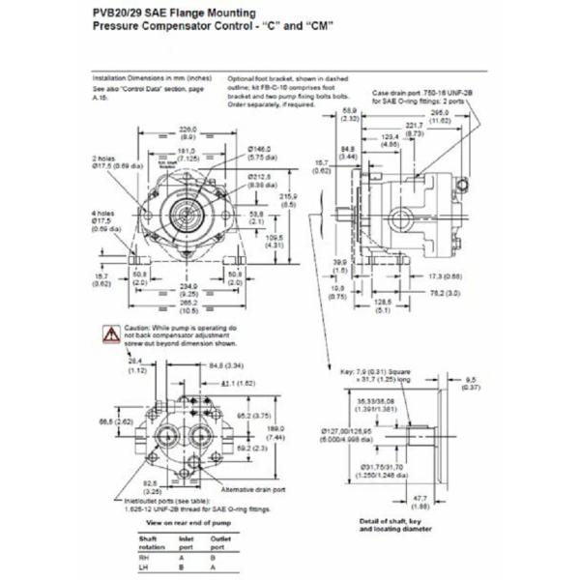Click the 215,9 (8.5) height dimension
[287, 200]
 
